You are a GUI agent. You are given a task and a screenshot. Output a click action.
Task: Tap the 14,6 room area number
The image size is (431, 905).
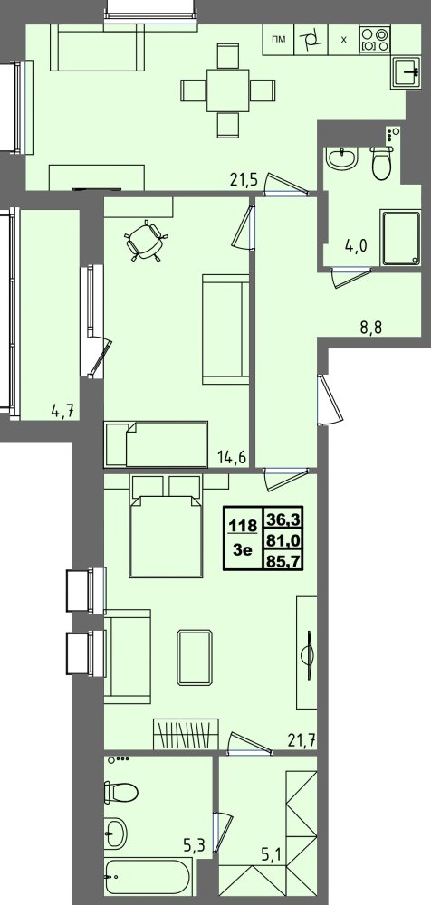232,458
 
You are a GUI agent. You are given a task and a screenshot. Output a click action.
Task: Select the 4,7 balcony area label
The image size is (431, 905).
64,412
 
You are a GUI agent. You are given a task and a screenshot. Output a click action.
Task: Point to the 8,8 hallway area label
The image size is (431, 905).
371,331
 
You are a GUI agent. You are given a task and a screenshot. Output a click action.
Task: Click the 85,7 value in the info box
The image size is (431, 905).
283,559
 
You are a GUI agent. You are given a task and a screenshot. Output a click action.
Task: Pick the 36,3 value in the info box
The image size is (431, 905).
283,519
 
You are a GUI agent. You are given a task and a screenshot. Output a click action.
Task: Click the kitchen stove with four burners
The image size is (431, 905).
374,39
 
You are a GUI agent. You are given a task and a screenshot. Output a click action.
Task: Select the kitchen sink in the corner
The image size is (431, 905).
407,73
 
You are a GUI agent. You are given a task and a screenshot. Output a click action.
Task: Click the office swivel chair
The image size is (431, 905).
146,241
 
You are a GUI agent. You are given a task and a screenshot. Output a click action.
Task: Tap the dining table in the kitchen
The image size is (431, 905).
227,90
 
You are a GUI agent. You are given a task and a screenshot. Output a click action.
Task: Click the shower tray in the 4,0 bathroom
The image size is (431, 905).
400,239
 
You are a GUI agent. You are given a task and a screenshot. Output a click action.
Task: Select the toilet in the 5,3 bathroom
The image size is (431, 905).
121,791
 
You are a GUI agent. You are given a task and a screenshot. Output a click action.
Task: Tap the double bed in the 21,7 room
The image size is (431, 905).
167,526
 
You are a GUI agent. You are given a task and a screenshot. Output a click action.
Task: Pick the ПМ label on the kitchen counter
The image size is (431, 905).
279,40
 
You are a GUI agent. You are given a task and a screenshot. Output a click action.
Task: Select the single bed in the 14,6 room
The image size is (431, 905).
156,443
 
